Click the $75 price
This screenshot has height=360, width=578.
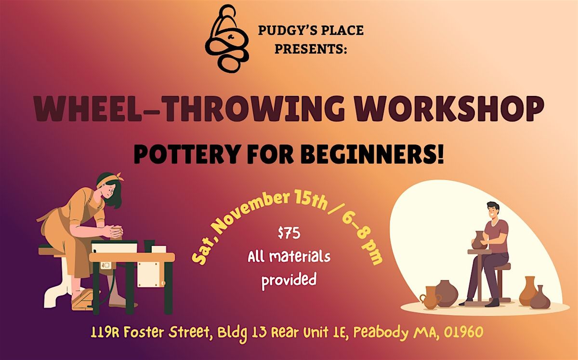point(289,235)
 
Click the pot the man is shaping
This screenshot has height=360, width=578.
point(478,240)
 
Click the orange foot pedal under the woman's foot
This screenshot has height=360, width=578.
point(82,301)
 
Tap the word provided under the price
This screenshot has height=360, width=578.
point(289,279)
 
